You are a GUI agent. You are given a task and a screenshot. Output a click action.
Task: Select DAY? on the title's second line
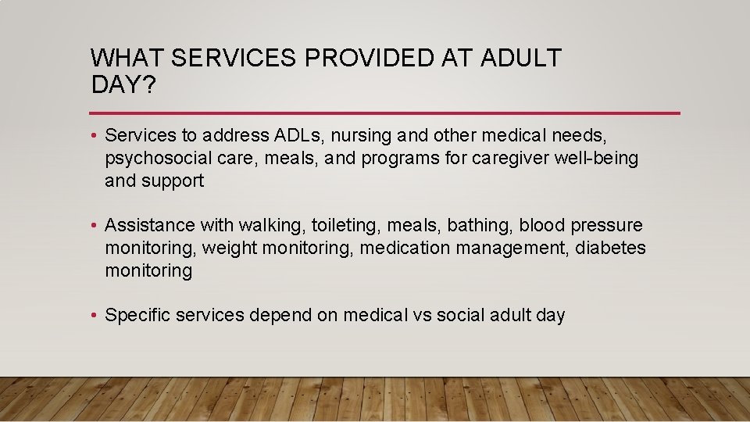(123, 84)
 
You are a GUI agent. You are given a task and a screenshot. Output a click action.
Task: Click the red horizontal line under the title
(385, 113)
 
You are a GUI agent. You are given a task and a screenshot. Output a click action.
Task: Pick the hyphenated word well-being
(596, 159)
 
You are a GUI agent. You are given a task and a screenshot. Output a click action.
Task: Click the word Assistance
(149, 226)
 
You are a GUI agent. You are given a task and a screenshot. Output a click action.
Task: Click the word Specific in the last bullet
(137, 316)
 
